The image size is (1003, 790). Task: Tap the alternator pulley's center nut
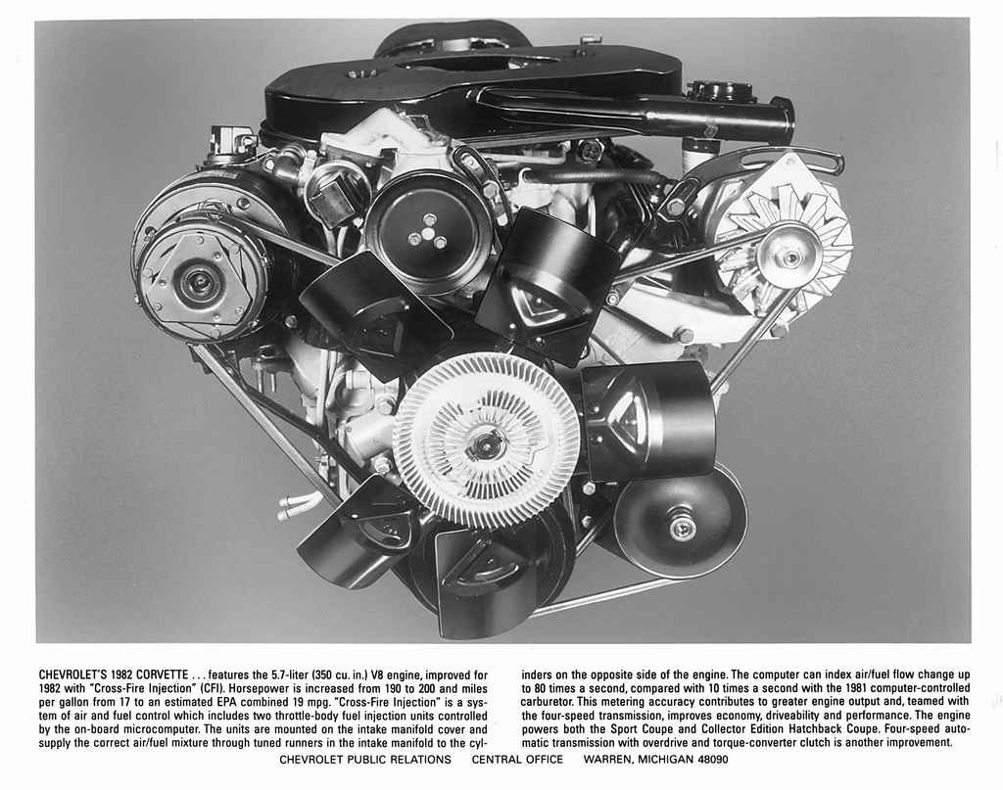tap(789, 256)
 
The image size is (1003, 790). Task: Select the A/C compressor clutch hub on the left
tap(200, 284)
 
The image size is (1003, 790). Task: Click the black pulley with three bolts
tap(428, 231)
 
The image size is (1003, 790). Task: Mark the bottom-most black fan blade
tap(487, 587)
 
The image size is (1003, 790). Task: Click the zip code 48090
tap(708, 759)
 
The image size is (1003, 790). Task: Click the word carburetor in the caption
tap(550, 702)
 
